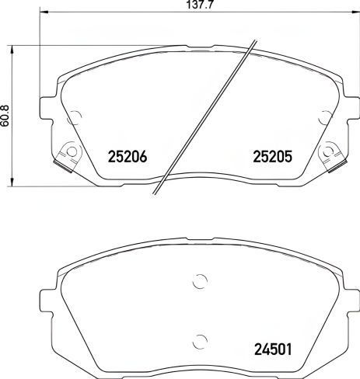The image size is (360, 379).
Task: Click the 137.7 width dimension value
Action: (183, 5)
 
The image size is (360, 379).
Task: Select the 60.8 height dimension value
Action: (7, 117)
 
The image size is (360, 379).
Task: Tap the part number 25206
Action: (125, 156)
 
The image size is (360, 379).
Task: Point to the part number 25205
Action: (271, 156)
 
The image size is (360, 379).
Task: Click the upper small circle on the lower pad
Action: (199, 282)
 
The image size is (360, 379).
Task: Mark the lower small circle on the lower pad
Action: (199, 339)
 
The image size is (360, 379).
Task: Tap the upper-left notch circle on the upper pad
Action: (75, 118)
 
